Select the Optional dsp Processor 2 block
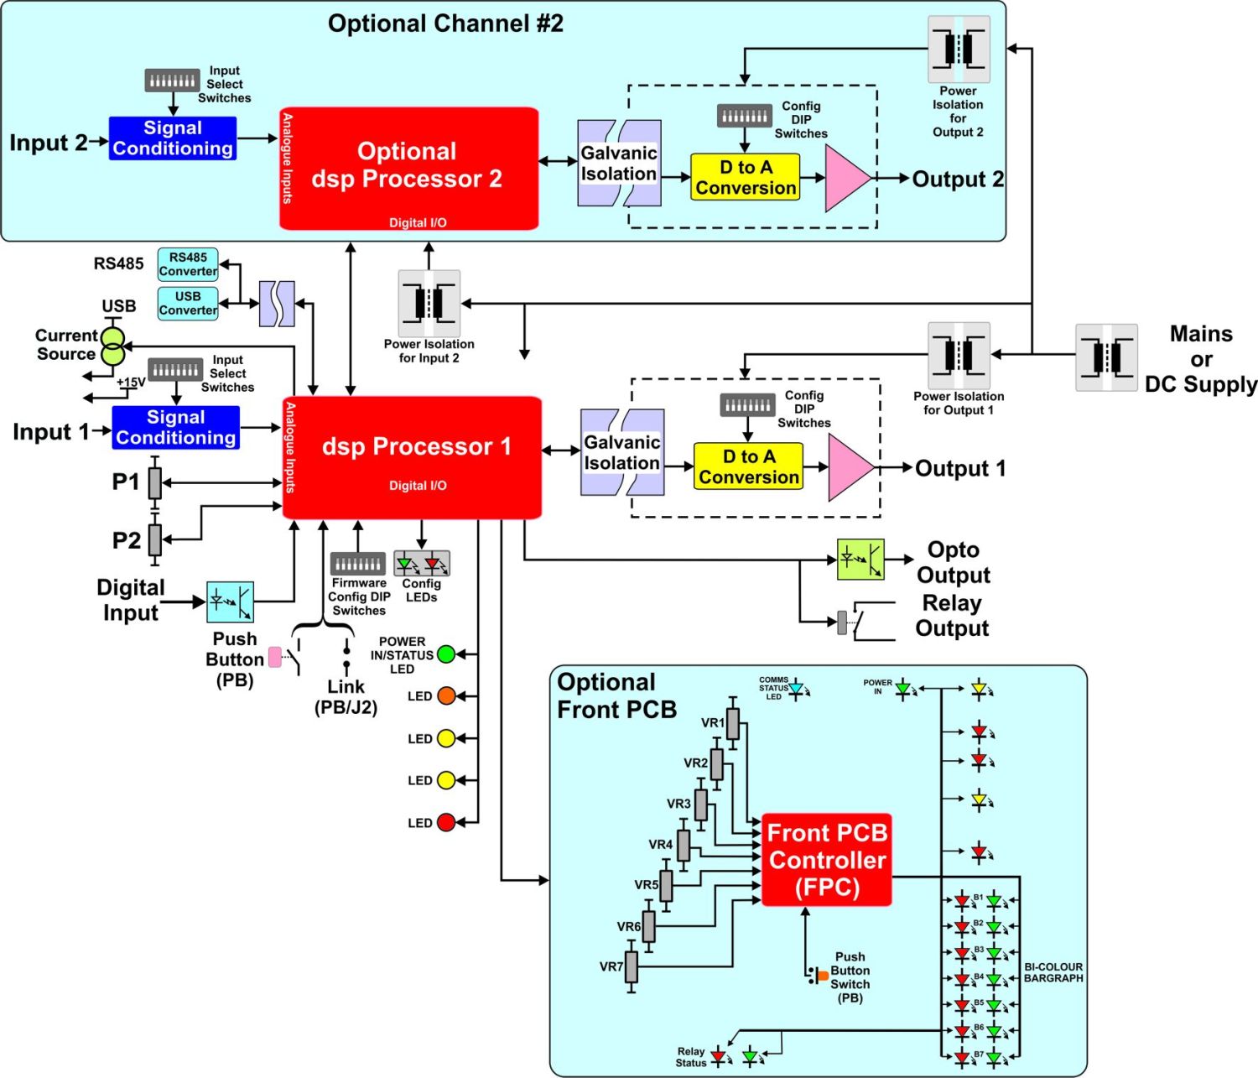(408, 168)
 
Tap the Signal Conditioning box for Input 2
(173, 138)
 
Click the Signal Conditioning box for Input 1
(176, 428)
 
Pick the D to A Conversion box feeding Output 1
(748, 467)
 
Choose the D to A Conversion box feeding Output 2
(745, 177)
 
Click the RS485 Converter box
(188, 264)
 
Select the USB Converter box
(188, 304)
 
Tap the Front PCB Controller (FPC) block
(826, 860)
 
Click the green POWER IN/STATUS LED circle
(446, 654)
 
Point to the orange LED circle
(446, 696)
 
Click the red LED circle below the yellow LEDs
(446, 823)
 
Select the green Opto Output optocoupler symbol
(860, 560)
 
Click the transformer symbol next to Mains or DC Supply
(1107, 358)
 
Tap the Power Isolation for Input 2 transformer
(429, 303)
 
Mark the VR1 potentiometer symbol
(733, 722)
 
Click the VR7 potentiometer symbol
(632, 966)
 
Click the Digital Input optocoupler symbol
(230, 601)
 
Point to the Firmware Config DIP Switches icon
(358, 563)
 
